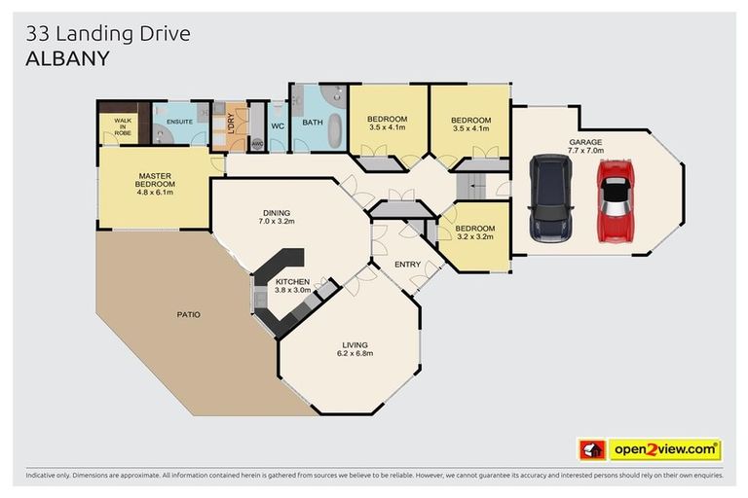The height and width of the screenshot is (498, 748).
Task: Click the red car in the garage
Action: click(x=616, y=200)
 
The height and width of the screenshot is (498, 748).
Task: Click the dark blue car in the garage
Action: click(x=550, y=198)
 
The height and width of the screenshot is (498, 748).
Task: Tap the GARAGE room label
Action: click(x=585, y=142)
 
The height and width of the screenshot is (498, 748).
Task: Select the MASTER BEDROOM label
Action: click(x=155, y=180)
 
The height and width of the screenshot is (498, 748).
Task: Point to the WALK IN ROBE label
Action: click(x=123, y=126)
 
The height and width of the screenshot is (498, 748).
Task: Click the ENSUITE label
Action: click(x=179, y=122)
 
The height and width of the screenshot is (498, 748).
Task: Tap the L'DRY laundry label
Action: click(x=231, y=124)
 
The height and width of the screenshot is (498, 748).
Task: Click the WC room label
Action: click(x=278, y=126)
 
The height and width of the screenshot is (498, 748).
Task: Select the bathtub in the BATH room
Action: click(x=336, y=130)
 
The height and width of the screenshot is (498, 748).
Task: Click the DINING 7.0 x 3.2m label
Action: click(x=277, y=217)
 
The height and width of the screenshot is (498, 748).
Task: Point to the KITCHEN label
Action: click(x=292, y=282)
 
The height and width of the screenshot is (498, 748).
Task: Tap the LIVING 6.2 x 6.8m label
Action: click(x=355, y=349)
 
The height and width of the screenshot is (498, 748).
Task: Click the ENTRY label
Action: click(x=407, y=264)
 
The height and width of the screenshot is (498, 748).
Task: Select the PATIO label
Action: click(x=188, y=314)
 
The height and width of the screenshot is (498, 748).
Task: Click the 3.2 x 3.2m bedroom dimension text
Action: click(x=475, y=236)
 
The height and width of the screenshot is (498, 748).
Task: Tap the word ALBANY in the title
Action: click(x=67, y=58)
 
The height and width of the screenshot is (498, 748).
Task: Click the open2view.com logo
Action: click(x=665, y=449)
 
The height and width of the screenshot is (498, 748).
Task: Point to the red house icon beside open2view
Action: click(x=592, y=449)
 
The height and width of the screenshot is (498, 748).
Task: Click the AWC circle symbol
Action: click(x=257, y=144)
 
